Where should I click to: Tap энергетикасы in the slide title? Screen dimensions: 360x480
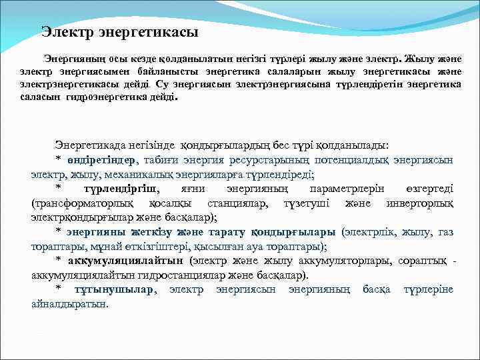point(148,31)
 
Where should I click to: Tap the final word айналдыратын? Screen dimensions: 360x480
point(69,303)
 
